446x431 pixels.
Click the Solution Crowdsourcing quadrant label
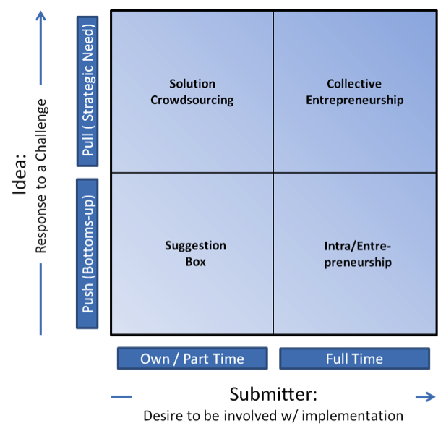192,92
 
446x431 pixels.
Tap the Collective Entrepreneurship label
354,92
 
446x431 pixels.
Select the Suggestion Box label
195,254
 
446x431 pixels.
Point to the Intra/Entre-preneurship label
358,254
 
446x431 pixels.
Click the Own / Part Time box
192,359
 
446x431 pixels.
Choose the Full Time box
354,359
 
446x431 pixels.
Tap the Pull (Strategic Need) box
87,92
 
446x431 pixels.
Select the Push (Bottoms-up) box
87,253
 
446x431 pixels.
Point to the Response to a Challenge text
41,175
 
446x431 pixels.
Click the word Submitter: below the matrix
273,395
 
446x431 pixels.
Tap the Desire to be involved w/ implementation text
273,416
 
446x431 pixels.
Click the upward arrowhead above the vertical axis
41,15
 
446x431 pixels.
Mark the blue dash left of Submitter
121,396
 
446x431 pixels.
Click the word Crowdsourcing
192,100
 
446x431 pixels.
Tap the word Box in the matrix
195,262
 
